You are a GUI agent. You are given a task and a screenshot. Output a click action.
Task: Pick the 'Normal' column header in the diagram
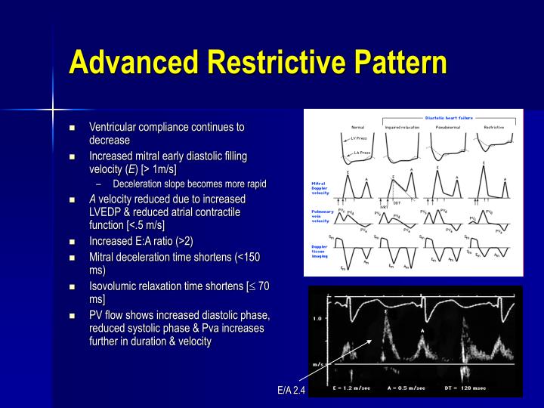(358, 127)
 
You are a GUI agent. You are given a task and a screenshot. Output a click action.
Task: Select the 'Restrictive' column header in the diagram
(494, 127)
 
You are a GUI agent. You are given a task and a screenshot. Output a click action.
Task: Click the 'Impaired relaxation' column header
(402, 127)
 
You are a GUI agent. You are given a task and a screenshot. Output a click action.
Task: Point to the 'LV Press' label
(359, 139)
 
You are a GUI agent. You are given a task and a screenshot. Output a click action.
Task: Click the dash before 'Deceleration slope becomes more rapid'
(100, 184)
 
